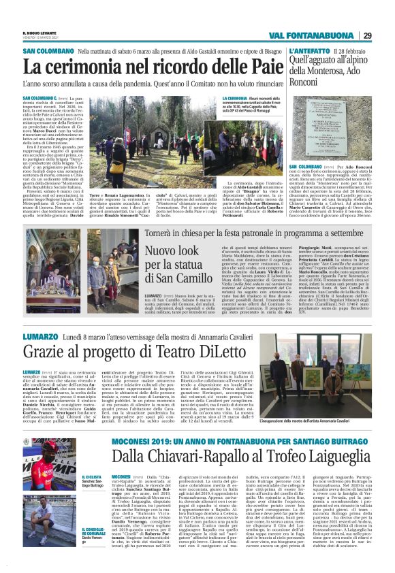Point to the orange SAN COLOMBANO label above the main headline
(x=38, y=52)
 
